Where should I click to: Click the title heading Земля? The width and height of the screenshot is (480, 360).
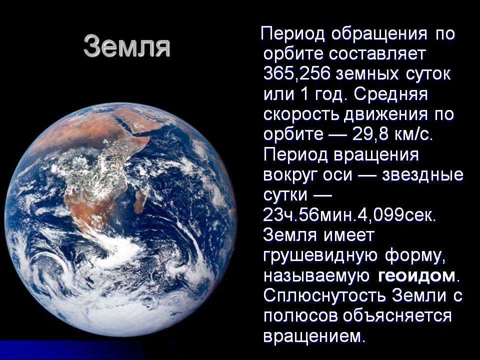coord(126,46)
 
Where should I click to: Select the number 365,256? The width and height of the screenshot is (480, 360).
coord(296,74)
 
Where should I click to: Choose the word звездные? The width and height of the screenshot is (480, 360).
coord(422,175)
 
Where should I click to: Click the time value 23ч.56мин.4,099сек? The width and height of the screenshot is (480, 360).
coord(349,215)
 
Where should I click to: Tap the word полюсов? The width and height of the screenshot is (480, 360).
coord(300,316)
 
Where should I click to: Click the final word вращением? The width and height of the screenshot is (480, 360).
coord(314,336)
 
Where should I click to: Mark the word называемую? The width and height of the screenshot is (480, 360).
coord(316,276)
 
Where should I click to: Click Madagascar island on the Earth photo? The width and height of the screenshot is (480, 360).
coord(140,200)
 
